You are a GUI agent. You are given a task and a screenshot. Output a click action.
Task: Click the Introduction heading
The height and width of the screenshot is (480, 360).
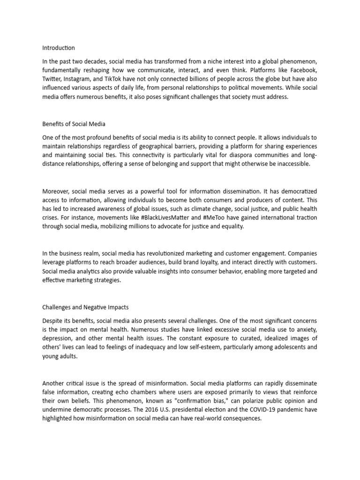(58, 48)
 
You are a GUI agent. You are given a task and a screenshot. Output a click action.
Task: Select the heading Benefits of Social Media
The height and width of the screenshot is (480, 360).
(74, 124)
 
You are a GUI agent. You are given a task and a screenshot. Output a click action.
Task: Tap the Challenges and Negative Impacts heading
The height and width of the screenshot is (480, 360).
(85, 307)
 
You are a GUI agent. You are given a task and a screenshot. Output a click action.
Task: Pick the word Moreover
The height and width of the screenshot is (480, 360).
(56, 191)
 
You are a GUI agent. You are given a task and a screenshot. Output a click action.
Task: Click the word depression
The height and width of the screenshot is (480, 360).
(58, 338)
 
